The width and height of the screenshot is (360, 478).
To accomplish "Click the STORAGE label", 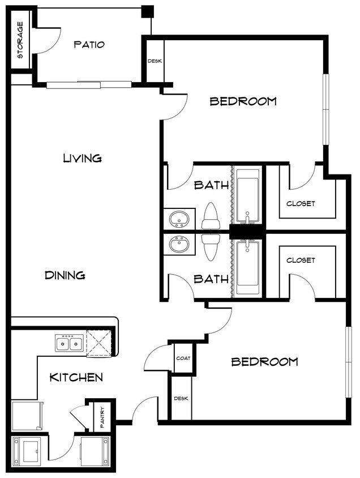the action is click(x=20, y=40).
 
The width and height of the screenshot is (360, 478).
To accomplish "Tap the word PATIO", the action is click(x=89, y=45).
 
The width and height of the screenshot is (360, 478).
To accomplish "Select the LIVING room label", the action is click(x=82, y=158).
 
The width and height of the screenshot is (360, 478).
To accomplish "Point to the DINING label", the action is click(x=65, y=275).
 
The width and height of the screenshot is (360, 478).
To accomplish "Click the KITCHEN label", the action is click(x=76, y=377).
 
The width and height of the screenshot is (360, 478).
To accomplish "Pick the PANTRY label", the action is click(x=102, y=417).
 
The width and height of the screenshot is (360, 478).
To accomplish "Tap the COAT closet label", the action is click(x=183, y=358).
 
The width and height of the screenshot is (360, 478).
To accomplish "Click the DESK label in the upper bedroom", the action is click(x=155, y=61).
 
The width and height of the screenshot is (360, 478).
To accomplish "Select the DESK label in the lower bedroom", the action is click(x=181, y=399).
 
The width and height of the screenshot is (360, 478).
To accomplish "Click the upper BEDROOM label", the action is click(x=243, y=101).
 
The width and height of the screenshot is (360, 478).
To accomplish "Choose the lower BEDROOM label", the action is click(x=264, y=361).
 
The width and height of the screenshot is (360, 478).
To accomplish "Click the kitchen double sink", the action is click(x=70, y=343).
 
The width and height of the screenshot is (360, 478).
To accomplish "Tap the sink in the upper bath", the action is click(x=179, y=219).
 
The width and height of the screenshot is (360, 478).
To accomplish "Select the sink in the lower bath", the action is click(x=179, y=244).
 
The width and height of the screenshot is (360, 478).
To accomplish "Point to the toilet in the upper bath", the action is click(x=211, y=216).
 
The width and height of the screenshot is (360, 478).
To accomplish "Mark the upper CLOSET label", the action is click(x=301, y=203).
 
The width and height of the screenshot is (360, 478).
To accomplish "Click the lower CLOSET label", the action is click(x=301, y=260).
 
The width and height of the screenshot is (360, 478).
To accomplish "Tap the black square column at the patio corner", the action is click(x=148, y=11).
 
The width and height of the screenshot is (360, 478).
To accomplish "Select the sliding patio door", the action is click(x=89, y=85).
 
